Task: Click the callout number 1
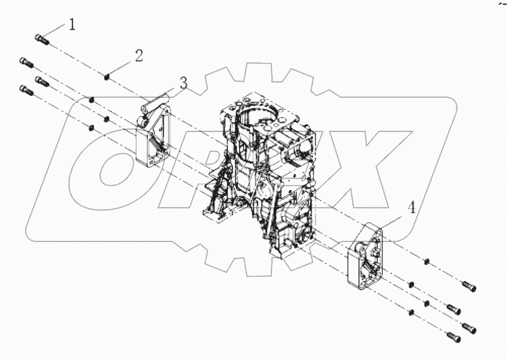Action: pyautogui.click(x=71, y=25)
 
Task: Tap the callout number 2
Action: pyautogui.click(x=138, y=55)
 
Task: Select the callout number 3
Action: pyautogui.click(x=183, y=82)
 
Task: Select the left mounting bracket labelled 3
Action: pyautogui.click(x=154, y=131)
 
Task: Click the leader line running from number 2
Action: pyautogui.click(x=123, y=66)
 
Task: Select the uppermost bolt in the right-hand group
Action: pyautogui.click(x=469, y=287)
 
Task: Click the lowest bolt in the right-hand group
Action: pyautogui.click(x=452, y=334)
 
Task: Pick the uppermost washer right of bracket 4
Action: pyautogui.click(x=427, y=261)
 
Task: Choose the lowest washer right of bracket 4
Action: pyautogui.click(x=411, y=312)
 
